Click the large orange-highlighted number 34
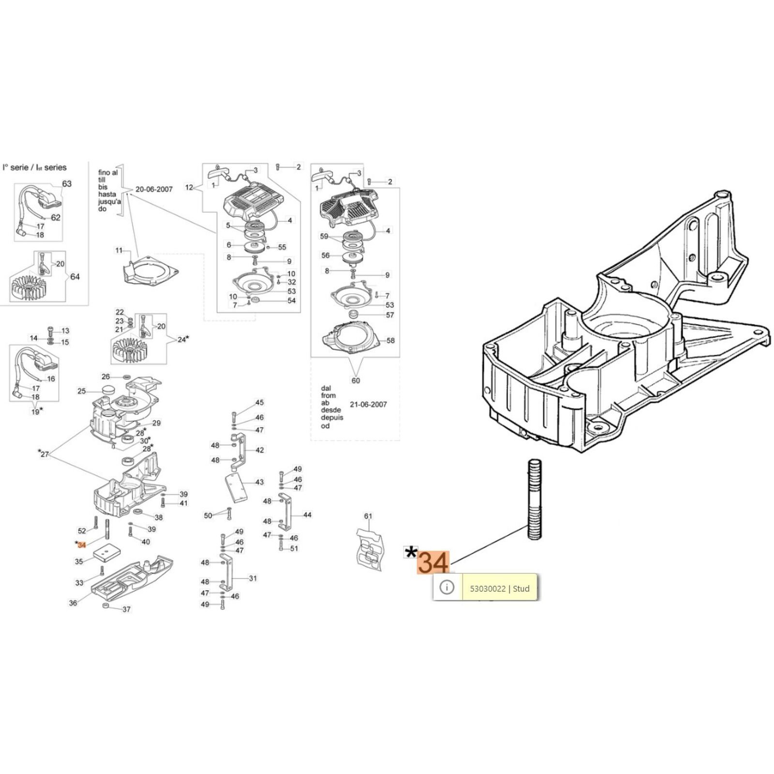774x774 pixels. coord(433,563)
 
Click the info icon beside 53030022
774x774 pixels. coord(447,587)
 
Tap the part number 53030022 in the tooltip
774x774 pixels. coord(488,589)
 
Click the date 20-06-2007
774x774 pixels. coord(154,189)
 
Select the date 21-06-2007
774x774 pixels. coord(368,404)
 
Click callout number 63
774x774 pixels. coord(67,184)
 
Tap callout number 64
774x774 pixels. coord(75,277)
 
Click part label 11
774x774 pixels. coord(119,251)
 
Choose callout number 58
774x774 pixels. coord(390,341)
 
